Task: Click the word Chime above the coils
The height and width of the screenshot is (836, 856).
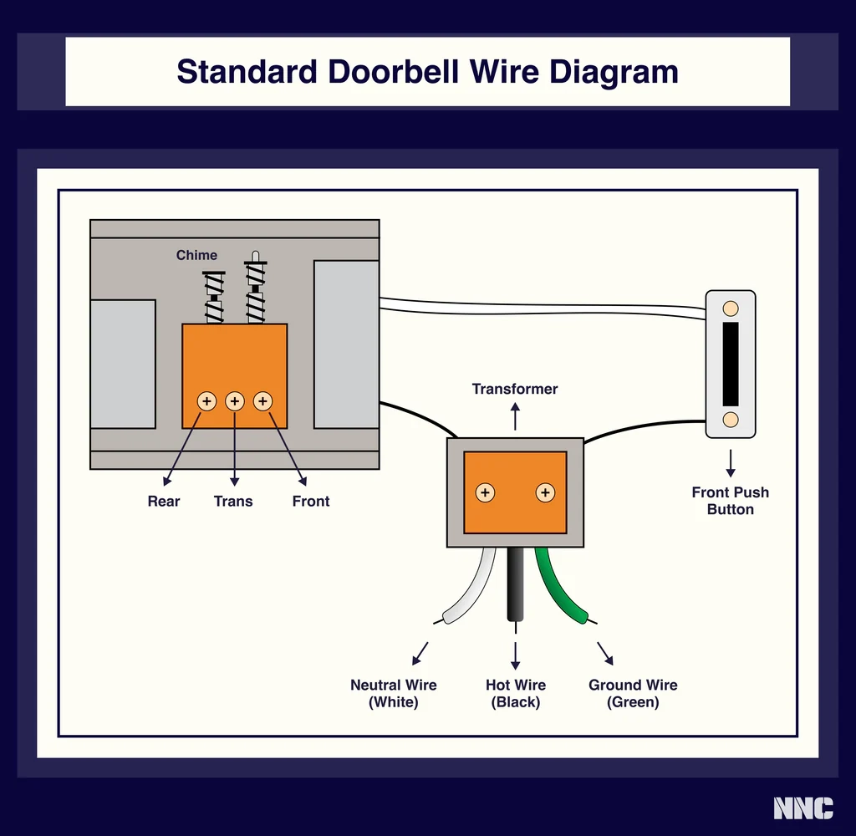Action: click(196, 255)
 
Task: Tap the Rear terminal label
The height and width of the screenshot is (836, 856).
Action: click(164, 501)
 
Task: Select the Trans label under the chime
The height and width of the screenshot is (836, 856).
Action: click(233, 501)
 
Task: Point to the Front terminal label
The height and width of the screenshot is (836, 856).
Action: click(311, 501)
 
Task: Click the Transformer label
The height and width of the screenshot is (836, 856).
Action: click(515, 389)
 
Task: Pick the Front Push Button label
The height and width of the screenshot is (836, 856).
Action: click(730, 501)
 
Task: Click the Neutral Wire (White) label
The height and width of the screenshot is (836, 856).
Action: click(393, 693)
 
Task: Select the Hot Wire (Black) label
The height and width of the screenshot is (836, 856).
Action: click(516, 693)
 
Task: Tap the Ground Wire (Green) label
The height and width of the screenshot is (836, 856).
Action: click(633, 693)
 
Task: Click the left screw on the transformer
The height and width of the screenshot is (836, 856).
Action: click(485, 492)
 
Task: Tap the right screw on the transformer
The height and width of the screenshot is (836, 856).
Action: click(545, 492)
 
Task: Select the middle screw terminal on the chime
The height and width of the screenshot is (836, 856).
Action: click(235, 401)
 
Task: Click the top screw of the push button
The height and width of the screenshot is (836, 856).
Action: click(730, 308)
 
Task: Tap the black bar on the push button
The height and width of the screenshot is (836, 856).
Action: click(730, 363)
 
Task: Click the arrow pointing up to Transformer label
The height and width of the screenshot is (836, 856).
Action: click(515, 415)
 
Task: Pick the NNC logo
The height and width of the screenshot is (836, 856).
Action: click(802, 808)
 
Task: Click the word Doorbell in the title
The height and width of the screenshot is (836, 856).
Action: click(391, 72)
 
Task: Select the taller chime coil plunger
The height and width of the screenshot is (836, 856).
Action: click(256, 288)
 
